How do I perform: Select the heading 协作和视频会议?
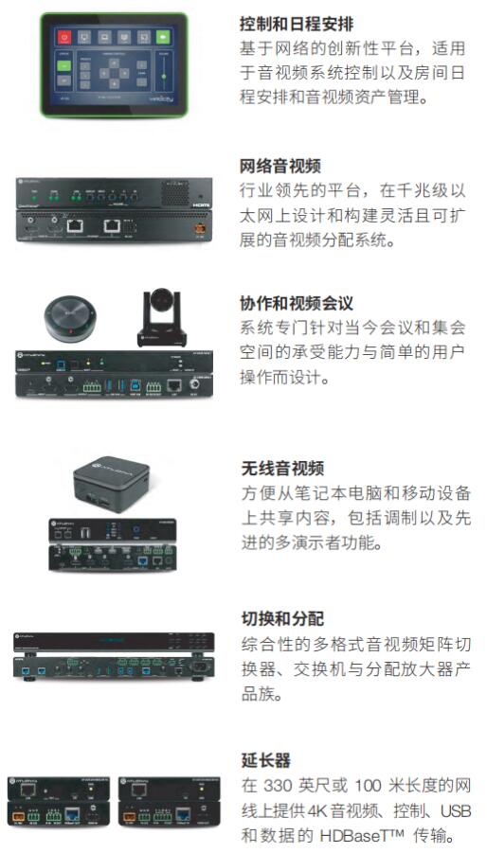pos(297,304)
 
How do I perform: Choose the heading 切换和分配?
pos(281,618)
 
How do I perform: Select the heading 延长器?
pos(266,759)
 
